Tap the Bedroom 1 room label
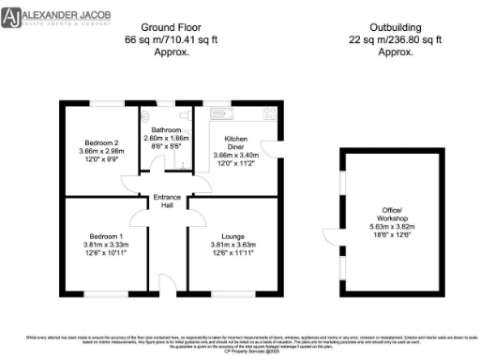coord(104,235)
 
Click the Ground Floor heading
coord(171,29)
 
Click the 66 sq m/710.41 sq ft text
coord(171,41)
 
